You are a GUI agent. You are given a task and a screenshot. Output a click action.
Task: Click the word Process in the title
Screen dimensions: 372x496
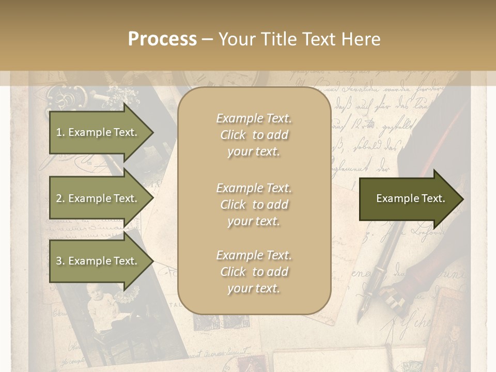tap(162, 39)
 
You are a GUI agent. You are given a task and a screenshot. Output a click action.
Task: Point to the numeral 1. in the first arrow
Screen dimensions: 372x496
tap(60, 132)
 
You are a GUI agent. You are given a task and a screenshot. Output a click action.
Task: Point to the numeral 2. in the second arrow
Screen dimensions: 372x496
tap(60, 198)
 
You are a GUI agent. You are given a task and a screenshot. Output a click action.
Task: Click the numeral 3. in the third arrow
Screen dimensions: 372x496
tap(60, 261)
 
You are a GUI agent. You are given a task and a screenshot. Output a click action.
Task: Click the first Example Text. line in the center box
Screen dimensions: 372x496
tap(254, 118)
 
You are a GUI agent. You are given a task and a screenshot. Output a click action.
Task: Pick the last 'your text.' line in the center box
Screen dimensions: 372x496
tap(254, 288)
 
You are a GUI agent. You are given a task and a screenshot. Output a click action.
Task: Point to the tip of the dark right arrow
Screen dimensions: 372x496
tap(462, 199)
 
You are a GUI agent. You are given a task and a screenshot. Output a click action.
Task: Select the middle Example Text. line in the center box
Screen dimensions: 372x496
tap(254, 188)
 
